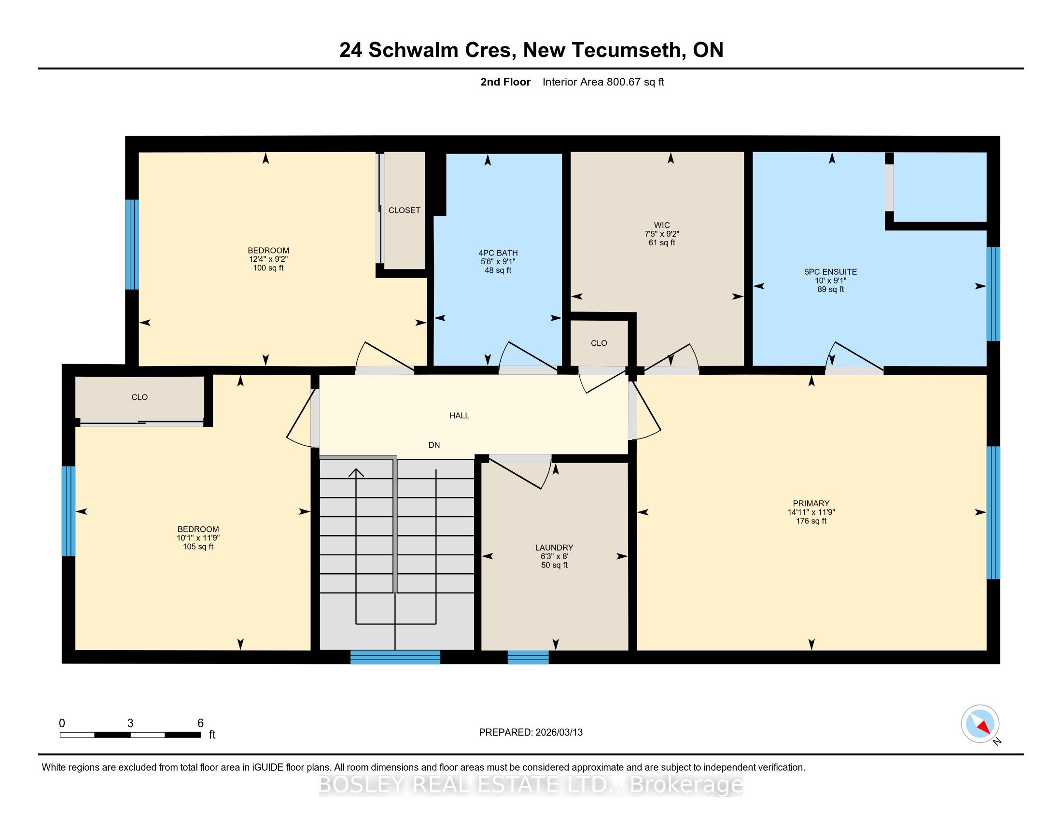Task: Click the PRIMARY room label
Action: click(x=811, y=503)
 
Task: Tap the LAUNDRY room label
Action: click(x=554, y=548)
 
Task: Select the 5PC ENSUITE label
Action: click(x=831, y=272)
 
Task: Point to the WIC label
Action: click(x=662, y=225)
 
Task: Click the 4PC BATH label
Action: click(x=498, y=253)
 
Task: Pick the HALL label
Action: click(x=460, y=415)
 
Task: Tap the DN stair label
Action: click(x=434, y=445)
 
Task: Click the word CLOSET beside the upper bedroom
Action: click(x=405, y=210)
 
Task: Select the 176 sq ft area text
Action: click(x=811, y=521)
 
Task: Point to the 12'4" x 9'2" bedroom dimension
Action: click(x=268, y=259)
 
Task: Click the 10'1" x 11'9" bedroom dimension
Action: click(x=198, y=538)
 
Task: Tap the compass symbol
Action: click(x=980, y=724)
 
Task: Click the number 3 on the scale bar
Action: click(x=130, y=723)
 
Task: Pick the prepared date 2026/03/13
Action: click(x=559, y=733)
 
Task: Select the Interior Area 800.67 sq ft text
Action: click(x=603, y=82)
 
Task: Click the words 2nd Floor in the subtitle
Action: click(x=505, y=82)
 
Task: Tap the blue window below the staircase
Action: click(x=395, y=657)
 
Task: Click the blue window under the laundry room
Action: click(x=528, y=657)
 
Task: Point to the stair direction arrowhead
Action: click(x=356, y=472)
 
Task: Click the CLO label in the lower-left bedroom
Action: click(x=140, y=397)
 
